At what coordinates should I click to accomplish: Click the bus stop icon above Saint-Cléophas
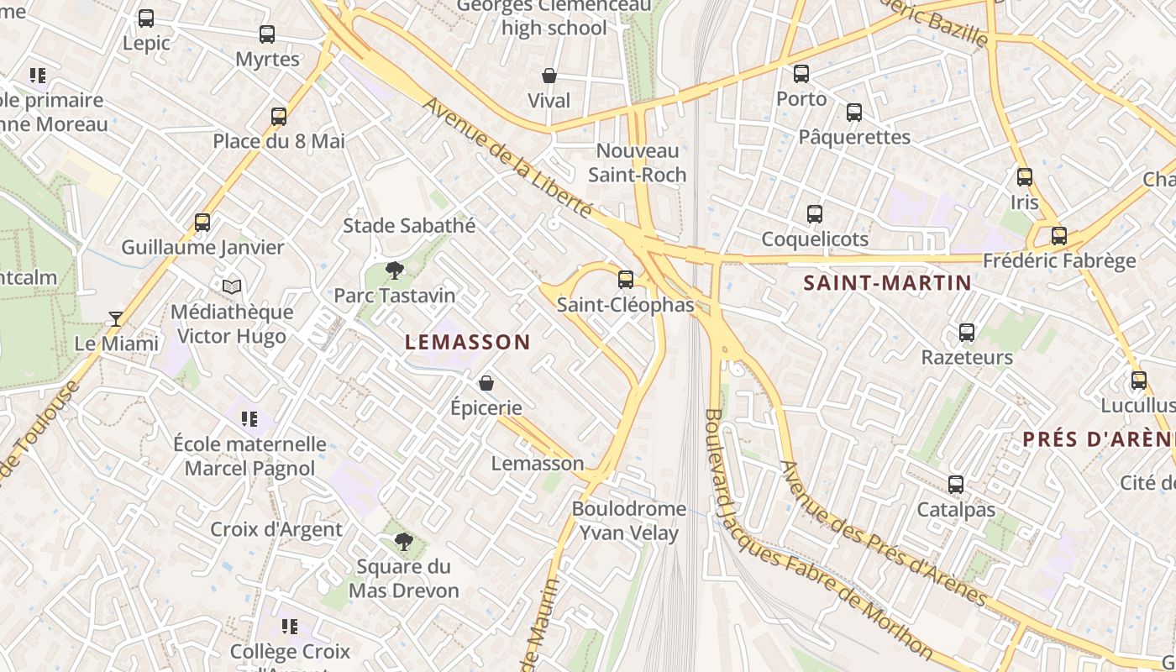click(625, 280)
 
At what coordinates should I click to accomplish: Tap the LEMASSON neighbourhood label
click(468, 342)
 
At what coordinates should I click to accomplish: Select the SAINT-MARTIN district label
click(887, 283)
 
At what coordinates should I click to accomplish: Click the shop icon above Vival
click(549, 76)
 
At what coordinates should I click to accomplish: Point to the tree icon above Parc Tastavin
click(394, 270)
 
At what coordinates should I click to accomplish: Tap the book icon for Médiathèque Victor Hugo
click(232, 287)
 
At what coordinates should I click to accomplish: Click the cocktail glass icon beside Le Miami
click(116, 319)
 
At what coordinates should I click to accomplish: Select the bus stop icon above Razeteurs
click(967, 333)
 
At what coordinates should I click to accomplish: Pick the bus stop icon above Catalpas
click(956, 485)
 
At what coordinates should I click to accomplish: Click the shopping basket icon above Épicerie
click(486, 384)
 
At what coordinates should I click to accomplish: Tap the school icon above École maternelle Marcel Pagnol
click(249, 418)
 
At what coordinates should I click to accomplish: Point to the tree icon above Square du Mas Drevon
click(404, 542)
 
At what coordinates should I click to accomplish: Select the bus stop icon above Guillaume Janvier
click(202, 223)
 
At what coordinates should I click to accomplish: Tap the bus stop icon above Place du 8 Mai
click(279, 117)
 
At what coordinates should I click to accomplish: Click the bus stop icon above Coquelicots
click(814, 214)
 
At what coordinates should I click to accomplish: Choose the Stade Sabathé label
click(409, 225)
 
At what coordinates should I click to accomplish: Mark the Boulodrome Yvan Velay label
click(629, 521)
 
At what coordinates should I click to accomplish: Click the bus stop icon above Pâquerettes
click(854, 112)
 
